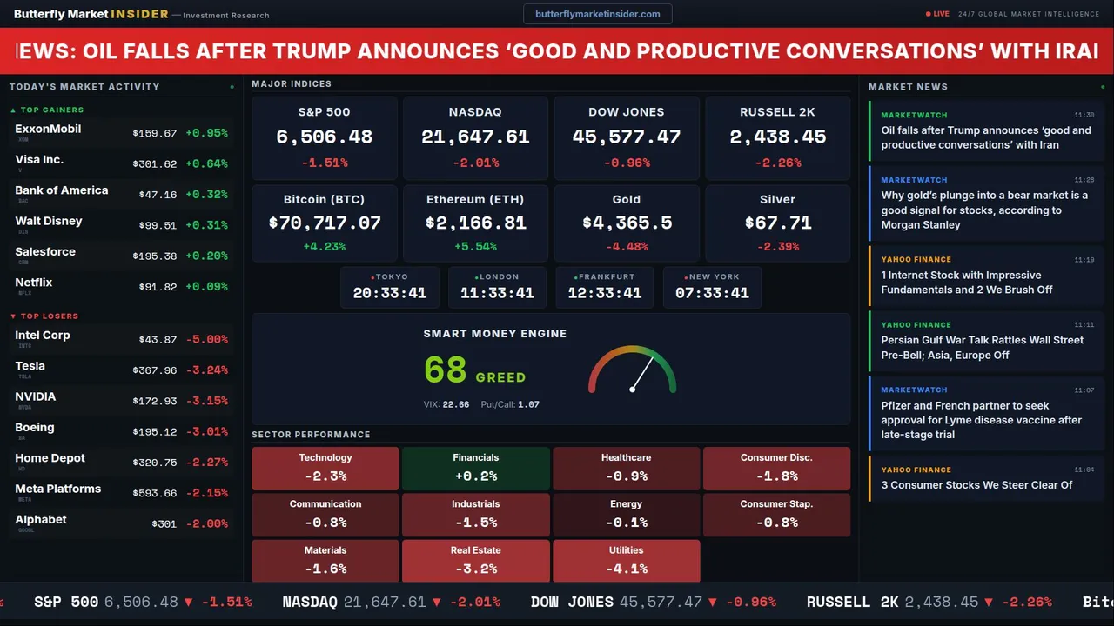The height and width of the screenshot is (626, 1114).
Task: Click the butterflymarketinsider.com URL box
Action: point(597,14)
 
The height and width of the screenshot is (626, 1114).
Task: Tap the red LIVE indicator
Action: point(938,14)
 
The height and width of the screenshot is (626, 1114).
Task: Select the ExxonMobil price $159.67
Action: point(155,134)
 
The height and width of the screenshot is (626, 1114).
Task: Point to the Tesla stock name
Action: point(30,366)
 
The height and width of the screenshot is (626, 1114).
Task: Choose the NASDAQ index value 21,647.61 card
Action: point(475,137)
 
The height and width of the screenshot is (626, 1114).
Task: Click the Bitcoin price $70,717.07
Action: point(325,223)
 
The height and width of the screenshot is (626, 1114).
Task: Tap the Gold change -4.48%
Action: point(627,246)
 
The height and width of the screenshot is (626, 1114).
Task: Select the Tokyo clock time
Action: point(390,293)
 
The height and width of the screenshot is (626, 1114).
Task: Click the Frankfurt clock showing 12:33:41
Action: point(605,293)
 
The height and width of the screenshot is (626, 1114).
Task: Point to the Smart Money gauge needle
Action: point(642,374)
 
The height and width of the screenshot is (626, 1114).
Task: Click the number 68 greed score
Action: point(446,370)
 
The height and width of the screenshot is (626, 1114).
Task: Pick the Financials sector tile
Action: point(476,468)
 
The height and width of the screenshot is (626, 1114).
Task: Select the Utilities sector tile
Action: point(627,561)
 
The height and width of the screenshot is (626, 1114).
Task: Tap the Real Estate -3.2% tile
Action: point(476,561)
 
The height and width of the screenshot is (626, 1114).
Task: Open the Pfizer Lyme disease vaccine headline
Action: point(981,420)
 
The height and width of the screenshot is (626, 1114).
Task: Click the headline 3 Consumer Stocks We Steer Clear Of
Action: point(976,485)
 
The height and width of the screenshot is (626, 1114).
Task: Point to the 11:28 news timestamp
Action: point(1084,180)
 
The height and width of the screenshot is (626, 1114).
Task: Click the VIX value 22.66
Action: point(456,404)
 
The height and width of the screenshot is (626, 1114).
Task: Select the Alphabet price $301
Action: point(164,524)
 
